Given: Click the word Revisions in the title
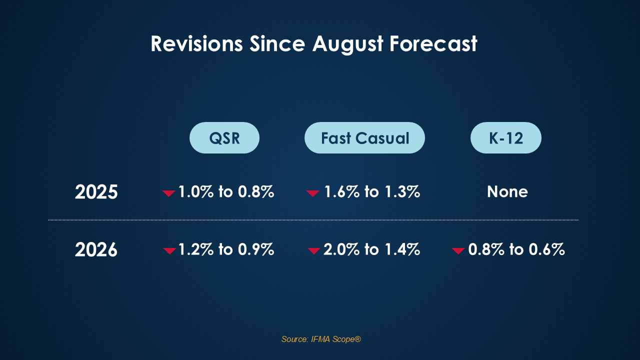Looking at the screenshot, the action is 196,43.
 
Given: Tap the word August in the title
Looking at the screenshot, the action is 347,44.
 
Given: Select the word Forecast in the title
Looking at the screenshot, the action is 433,43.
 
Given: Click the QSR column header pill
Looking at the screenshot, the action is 224,137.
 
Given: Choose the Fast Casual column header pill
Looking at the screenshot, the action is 364,137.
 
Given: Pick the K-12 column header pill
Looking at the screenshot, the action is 505,137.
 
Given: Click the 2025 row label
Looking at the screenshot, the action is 96,191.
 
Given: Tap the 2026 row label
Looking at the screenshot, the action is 96,249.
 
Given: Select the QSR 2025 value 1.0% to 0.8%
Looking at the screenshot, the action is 226,191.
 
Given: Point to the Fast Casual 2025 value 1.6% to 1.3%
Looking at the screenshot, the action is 372,191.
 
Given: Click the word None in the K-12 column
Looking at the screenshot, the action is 507,191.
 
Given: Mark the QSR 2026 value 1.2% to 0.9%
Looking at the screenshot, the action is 226,249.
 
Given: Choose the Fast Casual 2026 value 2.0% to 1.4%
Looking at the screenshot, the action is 371,249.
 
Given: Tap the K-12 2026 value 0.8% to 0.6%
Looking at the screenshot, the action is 516,249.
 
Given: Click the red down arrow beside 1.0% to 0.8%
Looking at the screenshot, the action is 168,193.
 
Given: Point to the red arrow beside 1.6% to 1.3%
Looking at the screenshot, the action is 312,193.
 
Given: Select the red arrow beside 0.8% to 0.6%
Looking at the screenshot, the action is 458,251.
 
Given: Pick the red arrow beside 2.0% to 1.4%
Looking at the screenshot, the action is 313,251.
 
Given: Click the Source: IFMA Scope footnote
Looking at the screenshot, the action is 321,339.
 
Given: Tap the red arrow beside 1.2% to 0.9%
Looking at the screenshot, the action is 169,251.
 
